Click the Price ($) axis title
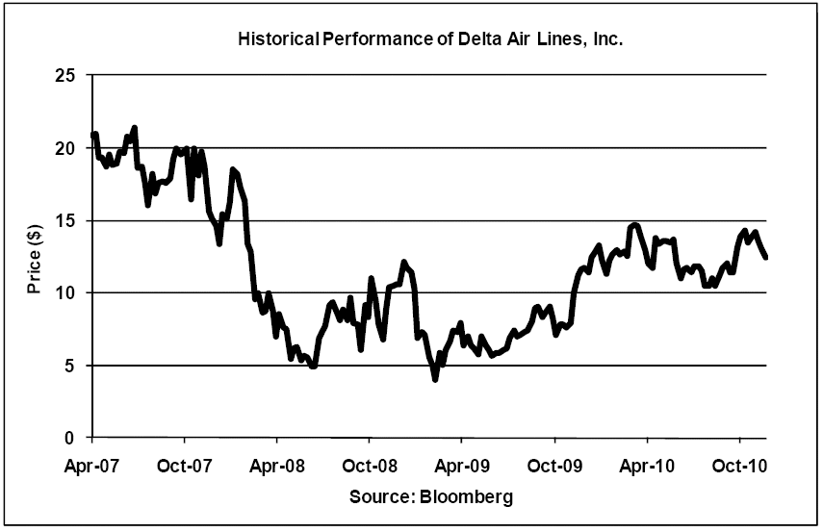[34, 257]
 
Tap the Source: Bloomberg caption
[429, 497]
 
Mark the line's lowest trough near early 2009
[435, 379]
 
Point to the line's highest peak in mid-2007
[135, 128]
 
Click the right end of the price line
[766, 257]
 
